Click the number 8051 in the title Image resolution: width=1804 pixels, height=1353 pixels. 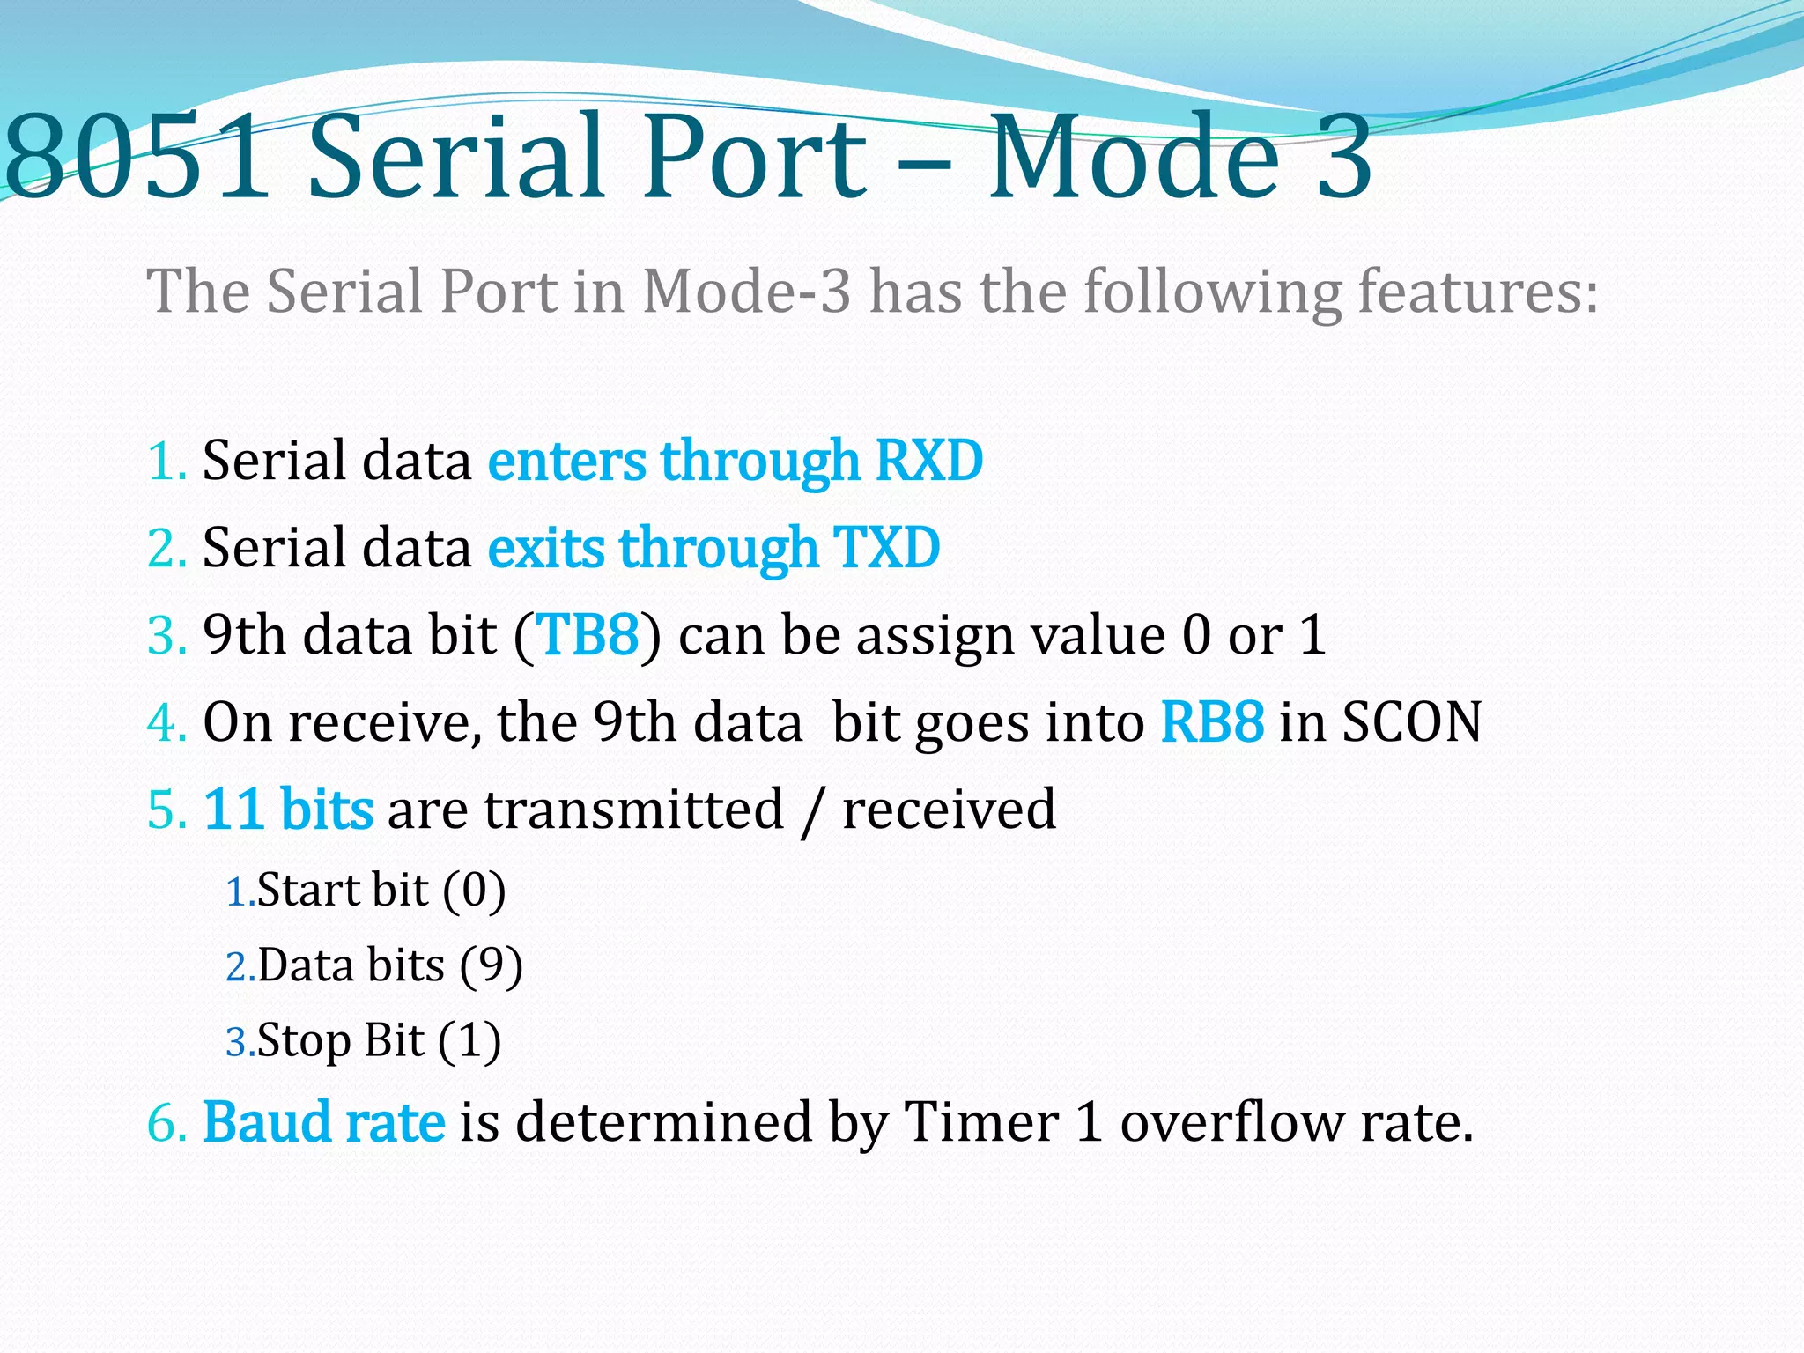[x=137, y=157]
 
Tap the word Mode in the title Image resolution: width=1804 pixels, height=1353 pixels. [x=1132, y=157]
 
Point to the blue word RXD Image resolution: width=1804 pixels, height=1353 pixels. [x=928, y=461]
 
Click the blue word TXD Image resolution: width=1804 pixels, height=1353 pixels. [x=886, y=548]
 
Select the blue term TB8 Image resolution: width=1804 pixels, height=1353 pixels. [x=588, y=634]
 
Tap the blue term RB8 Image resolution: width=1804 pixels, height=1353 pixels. [x=1212, y=722]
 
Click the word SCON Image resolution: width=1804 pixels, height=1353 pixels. [x=1411, y=722]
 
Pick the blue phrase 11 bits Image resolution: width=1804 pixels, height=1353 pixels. [x=288, y=809]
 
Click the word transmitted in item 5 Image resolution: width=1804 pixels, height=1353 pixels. [x=633, y=809]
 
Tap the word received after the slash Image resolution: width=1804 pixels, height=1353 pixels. [x=949, y=809]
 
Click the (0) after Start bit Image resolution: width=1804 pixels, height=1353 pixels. [x=474, y=890]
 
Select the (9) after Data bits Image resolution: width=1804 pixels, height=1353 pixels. [x=491, y=965]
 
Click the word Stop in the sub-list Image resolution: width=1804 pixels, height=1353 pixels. [x=304, y=1041]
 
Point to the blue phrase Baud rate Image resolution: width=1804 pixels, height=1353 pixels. [x=324, y=1122]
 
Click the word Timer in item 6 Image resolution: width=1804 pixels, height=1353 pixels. [x=981, y=1122]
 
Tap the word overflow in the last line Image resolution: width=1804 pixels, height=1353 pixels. [x=1231, y=1122]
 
